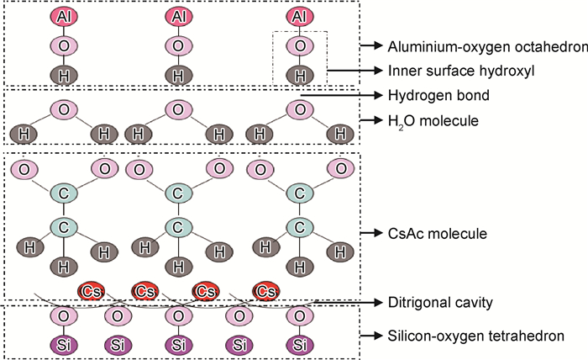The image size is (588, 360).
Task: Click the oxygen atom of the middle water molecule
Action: point(177,109)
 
